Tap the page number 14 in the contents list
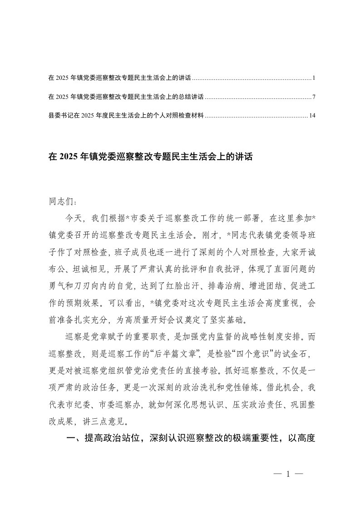(312, 116)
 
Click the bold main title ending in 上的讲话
(150, 157)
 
